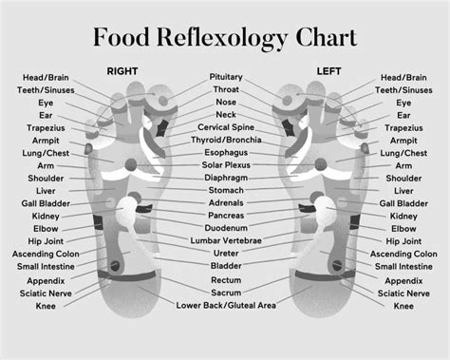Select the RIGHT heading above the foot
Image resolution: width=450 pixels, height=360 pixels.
(x=122, y=70)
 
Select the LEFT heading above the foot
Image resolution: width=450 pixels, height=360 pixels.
(x=328, y=70)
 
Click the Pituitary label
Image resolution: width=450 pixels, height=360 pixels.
(x=225, y=76)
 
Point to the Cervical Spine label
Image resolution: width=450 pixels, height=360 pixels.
(x=225, y=127)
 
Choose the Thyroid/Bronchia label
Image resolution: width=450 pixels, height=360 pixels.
(x=225, y=140)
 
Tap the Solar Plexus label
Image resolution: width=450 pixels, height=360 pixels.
(x=225, y=165)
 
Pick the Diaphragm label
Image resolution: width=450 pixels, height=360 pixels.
(x=225, y=178)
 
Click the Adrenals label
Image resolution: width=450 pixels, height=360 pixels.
(x=225, y=203)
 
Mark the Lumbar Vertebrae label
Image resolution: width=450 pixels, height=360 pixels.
(x=225, y=241)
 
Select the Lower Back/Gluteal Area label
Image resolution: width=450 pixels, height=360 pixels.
(x=226, y=306)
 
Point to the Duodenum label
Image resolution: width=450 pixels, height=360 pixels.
(x=225, y=229)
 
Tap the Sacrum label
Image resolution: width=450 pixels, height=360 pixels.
(x=225, y=293)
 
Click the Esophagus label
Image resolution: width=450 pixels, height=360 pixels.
(x=225, y=152)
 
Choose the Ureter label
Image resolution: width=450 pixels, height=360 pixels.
(x=225, y=255)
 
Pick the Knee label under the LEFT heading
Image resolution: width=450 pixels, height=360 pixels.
(x=403, y=306)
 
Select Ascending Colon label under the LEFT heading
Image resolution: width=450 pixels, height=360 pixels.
(x=403, y=255)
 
